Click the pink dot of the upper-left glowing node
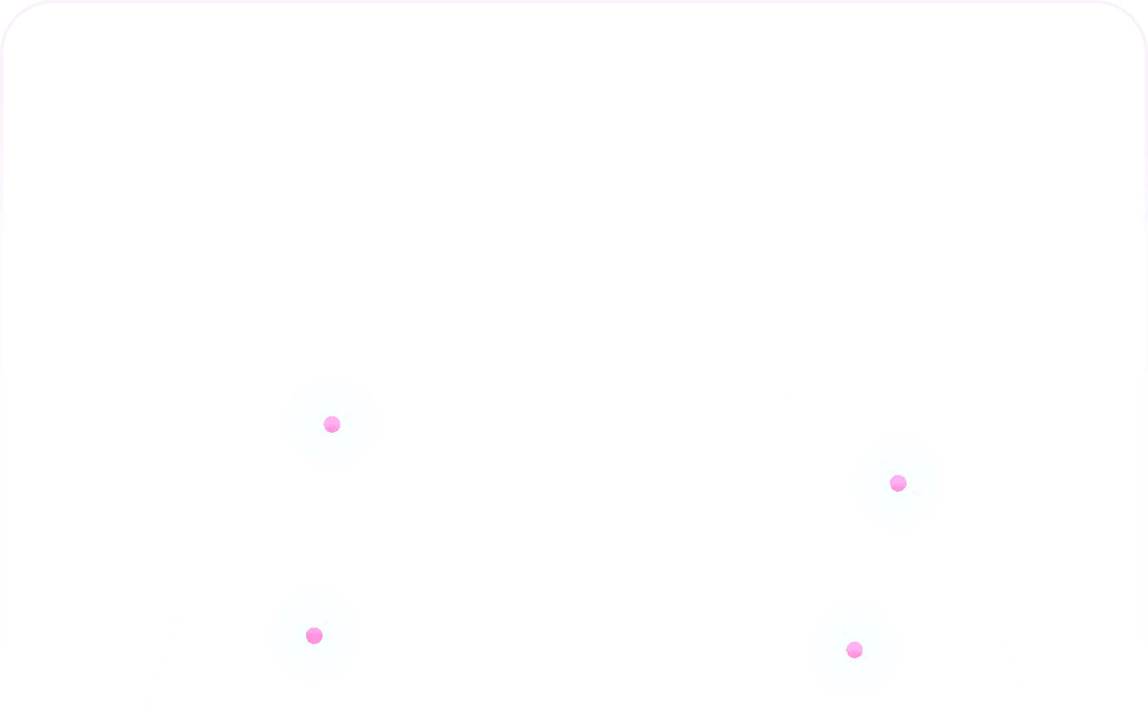point(332,424)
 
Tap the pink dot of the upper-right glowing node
point(897,483)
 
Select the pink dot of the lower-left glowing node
point(314,636)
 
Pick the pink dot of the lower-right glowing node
point(854,650)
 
